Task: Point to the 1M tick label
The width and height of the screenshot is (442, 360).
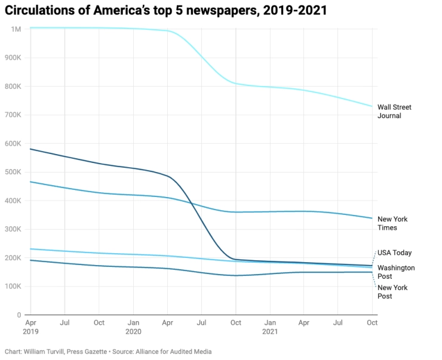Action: click(16, 29)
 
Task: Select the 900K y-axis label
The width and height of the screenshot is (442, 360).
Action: click(14, 58)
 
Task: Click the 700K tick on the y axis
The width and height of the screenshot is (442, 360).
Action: click(14, 115)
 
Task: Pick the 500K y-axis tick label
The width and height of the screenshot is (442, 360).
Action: click(14, 172)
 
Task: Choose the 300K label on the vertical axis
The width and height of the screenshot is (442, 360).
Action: click(14, 229)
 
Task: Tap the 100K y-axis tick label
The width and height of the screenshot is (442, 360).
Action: click(14, 287)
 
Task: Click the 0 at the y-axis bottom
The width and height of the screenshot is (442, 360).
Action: click(19, 315)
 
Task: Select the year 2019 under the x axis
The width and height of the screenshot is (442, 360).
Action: click(30, 330)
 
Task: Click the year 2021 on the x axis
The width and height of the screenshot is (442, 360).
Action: click(270, 330)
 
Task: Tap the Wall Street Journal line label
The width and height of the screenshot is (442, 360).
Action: click(394, 112)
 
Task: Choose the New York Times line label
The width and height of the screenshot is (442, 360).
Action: click(392, 223)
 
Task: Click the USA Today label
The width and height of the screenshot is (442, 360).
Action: click(394, 253)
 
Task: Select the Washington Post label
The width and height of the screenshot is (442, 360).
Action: click(395, 272)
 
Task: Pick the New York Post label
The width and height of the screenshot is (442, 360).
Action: click(392, 292)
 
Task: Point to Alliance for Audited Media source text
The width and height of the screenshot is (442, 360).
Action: click(175, 352)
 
